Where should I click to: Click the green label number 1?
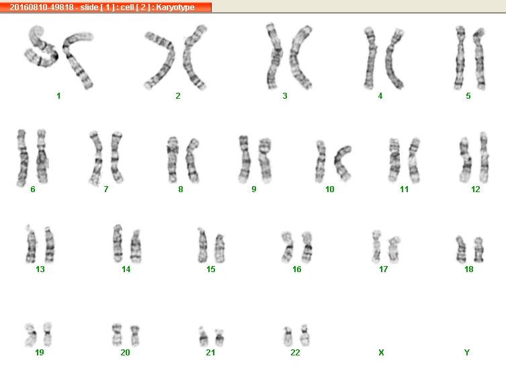tap(58, 96)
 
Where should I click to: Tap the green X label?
tap(381, 353)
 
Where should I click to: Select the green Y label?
tap(467, 353)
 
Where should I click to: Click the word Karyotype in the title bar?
tap(175, 7)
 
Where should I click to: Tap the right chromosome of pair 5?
tap(479, 60)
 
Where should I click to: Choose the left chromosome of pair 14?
tap(118, 243)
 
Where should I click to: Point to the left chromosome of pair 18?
tap(461, 249)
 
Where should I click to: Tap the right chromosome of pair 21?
tap(220, 338)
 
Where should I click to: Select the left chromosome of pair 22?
tap(288, 336)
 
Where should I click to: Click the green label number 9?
tap(254, 189)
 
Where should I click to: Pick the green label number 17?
tap(384, 269)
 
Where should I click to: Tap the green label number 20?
tap(125, 353)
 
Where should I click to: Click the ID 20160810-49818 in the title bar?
tap(42, 7)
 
